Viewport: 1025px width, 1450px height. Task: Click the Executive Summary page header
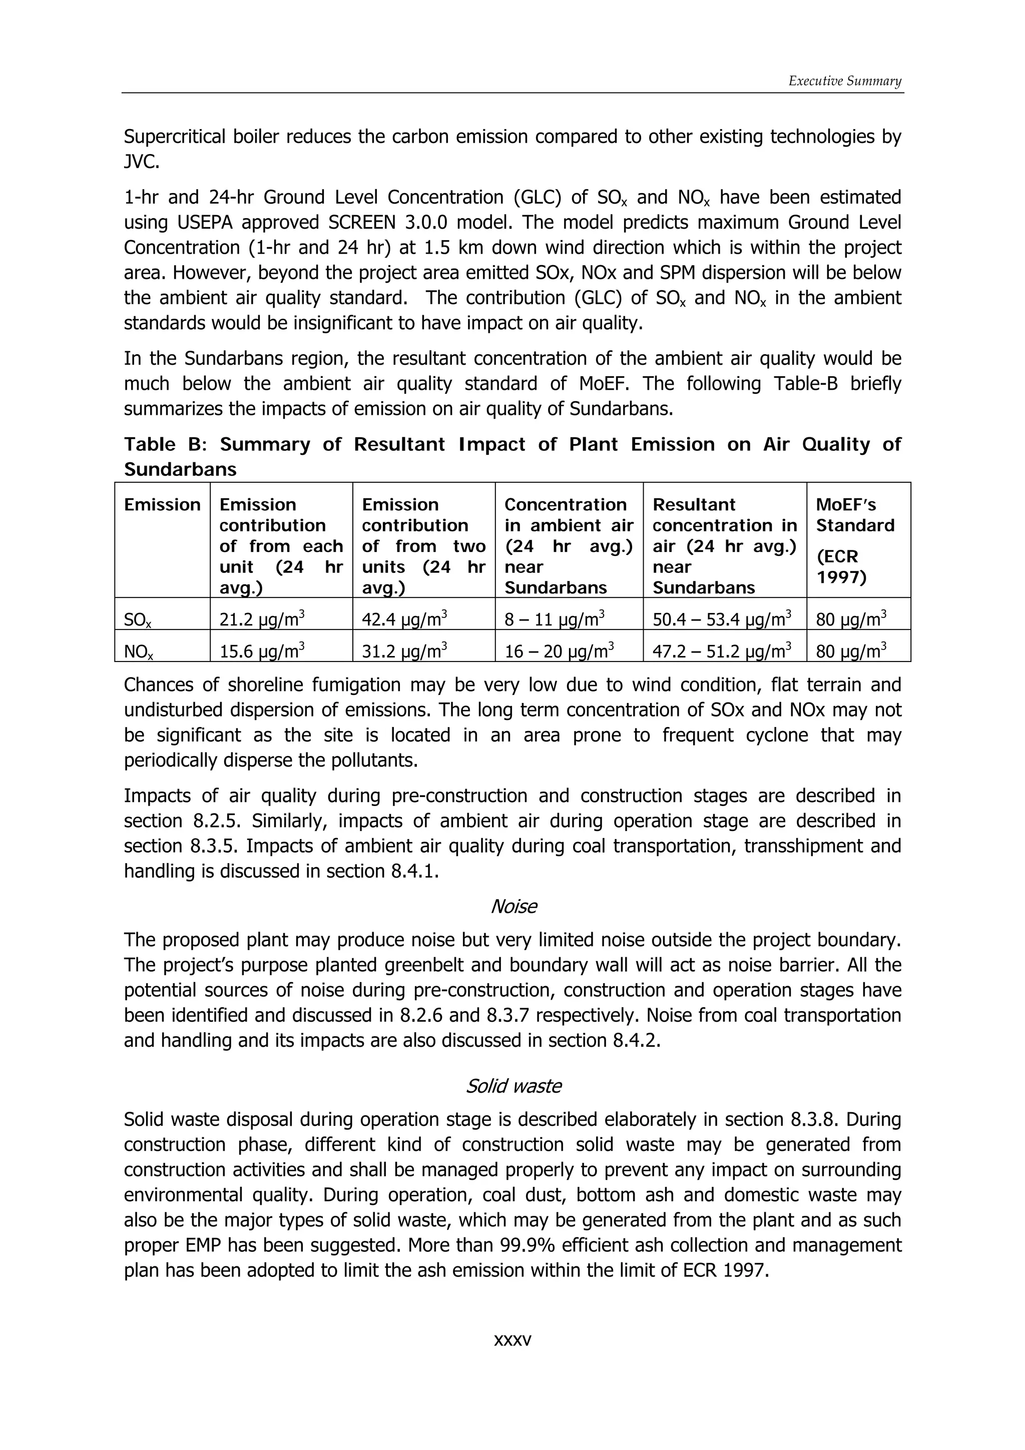[844, 81]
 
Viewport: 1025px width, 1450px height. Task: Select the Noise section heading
[514, 906]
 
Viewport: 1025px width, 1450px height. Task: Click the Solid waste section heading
[514, 1086]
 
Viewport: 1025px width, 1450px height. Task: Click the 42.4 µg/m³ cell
[404, 619]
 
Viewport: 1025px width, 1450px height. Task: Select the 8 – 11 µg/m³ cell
[555, 619]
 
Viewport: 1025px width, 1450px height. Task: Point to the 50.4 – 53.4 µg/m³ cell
[722, 619]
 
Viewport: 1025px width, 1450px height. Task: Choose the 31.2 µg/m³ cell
[404, 650]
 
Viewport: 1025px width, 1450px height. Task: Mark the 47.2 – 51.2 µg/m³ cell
[722, 650]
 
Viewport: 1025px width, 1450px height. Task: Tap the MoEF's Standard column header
[855, 515]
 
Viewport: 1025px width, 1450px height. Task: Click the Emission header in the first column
[162, 504]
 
